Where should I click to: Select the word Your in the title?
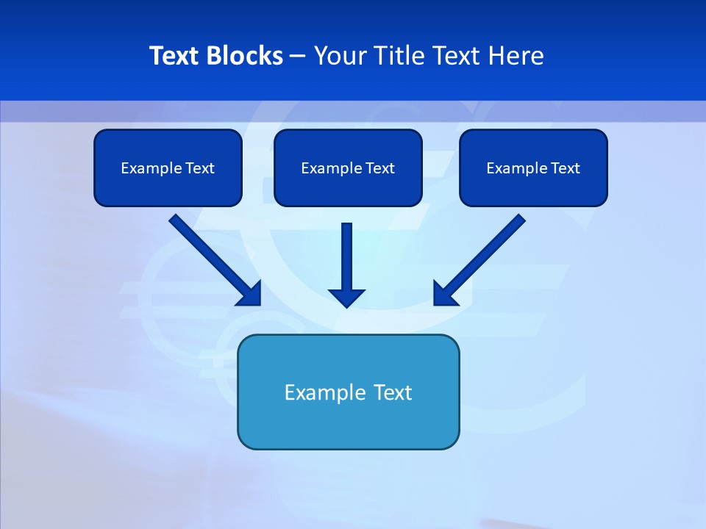point(341,56)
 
